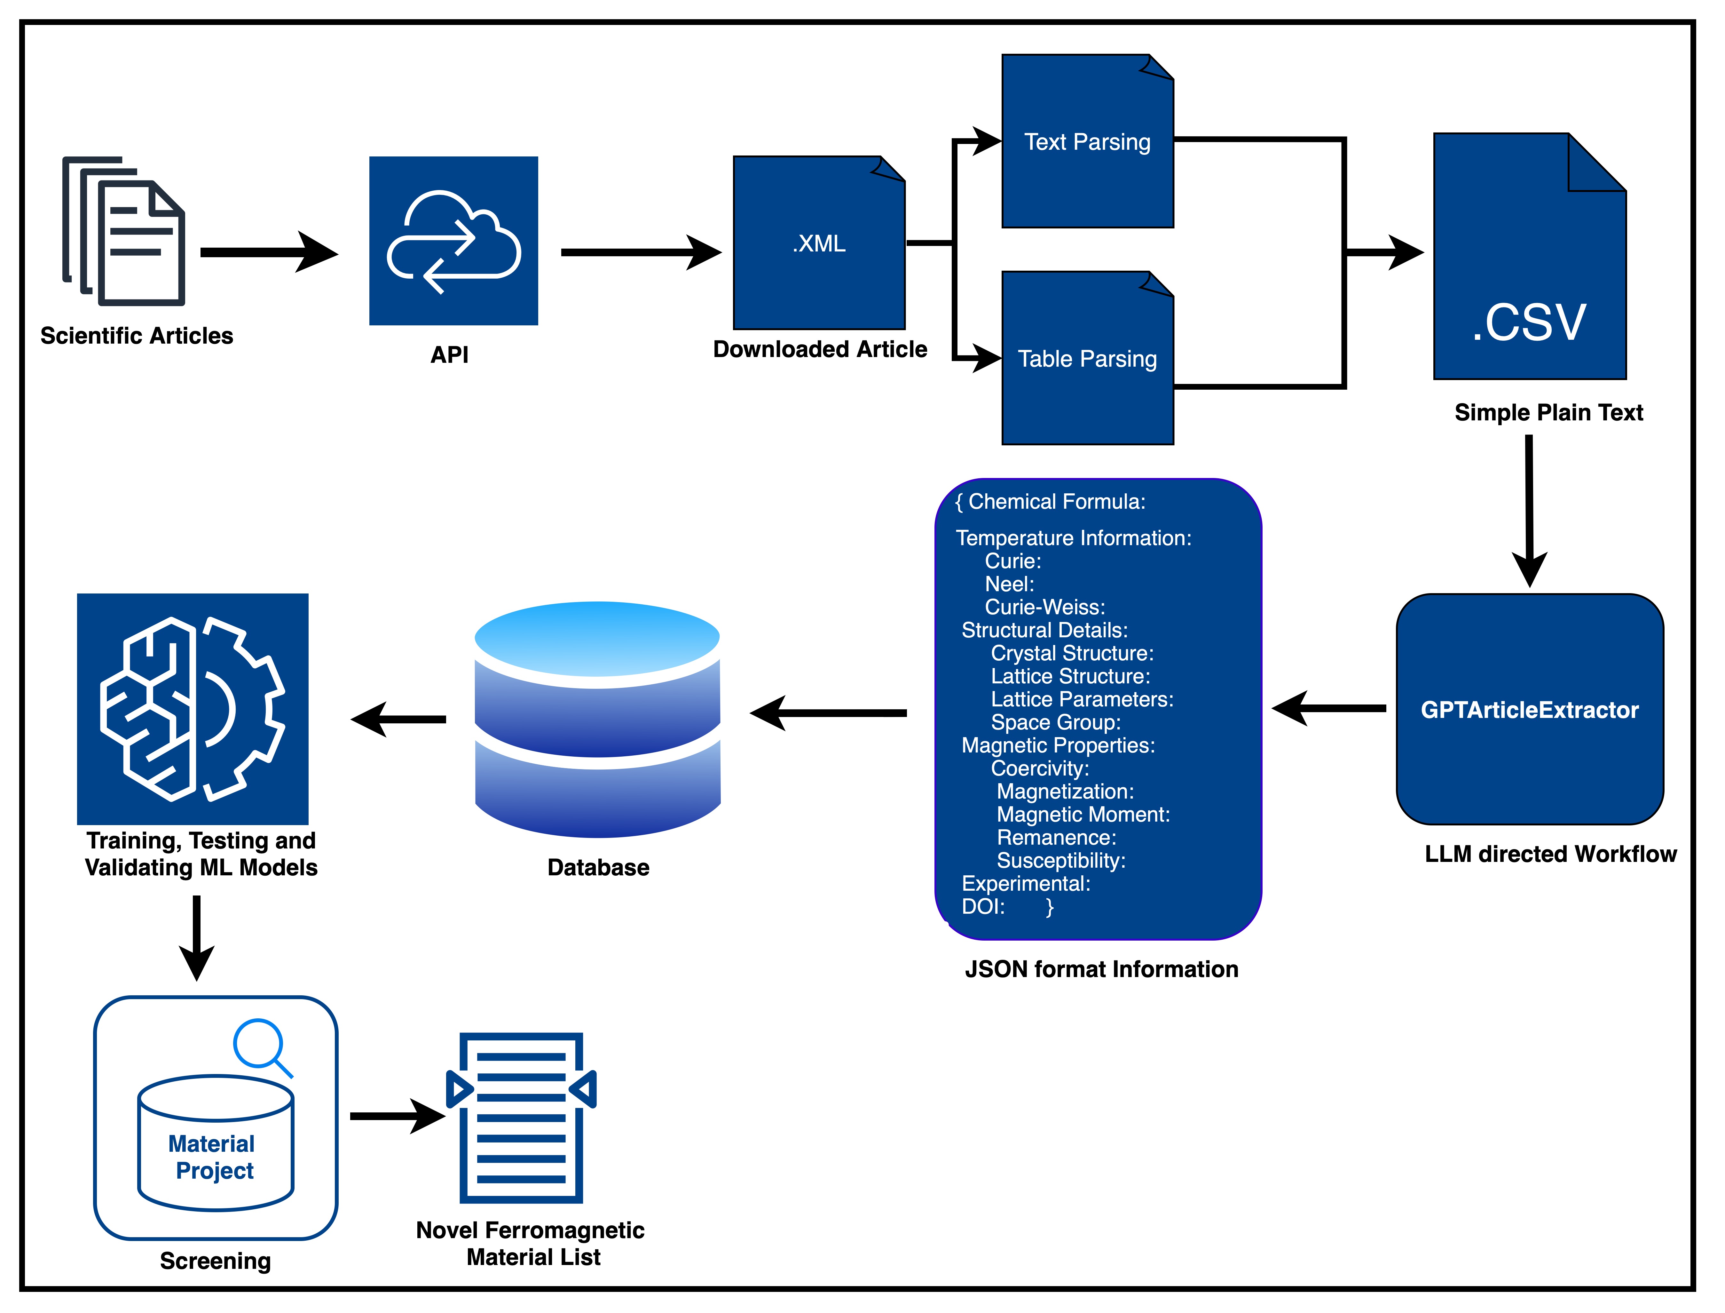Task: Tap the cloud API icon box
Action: coord(453,241)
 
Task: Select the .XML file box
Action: coord(819,243)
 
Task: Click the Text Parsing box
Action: coord(1088,141)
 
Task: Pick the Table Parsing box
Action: coord(1088,359)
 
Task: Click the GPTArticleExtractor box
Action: coord(1530,710)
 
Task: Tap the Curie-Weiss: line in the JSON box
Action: coord(1044,607)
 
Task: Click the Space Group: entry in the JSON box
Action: coord(1055,722)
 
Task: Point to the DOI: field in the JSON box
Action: coord(983,907)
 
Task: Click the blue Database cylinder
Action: coord(598,719)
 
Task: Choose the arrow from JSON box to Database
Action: coord(828,713)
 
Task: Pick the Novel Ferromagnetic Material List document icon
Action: coord(521,1118)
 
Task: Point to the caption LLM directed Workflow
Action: coord(1550,854)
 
